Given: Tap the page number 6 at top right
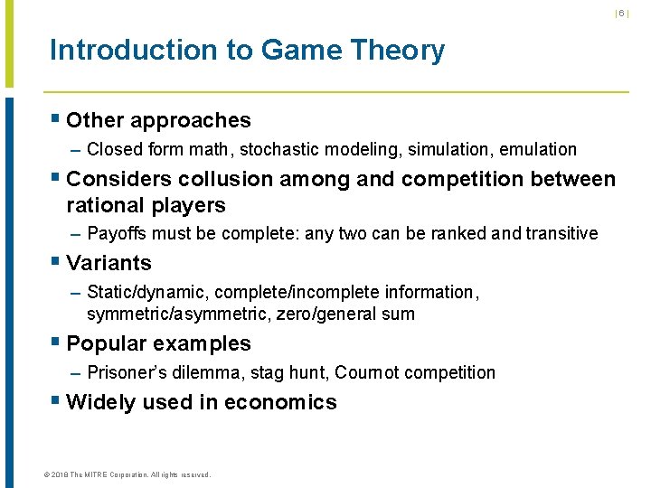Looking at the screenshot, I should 621,14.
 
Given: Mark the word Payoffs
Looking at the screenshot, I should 118,234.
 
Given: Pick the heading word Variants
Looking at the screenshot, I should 109,264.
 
